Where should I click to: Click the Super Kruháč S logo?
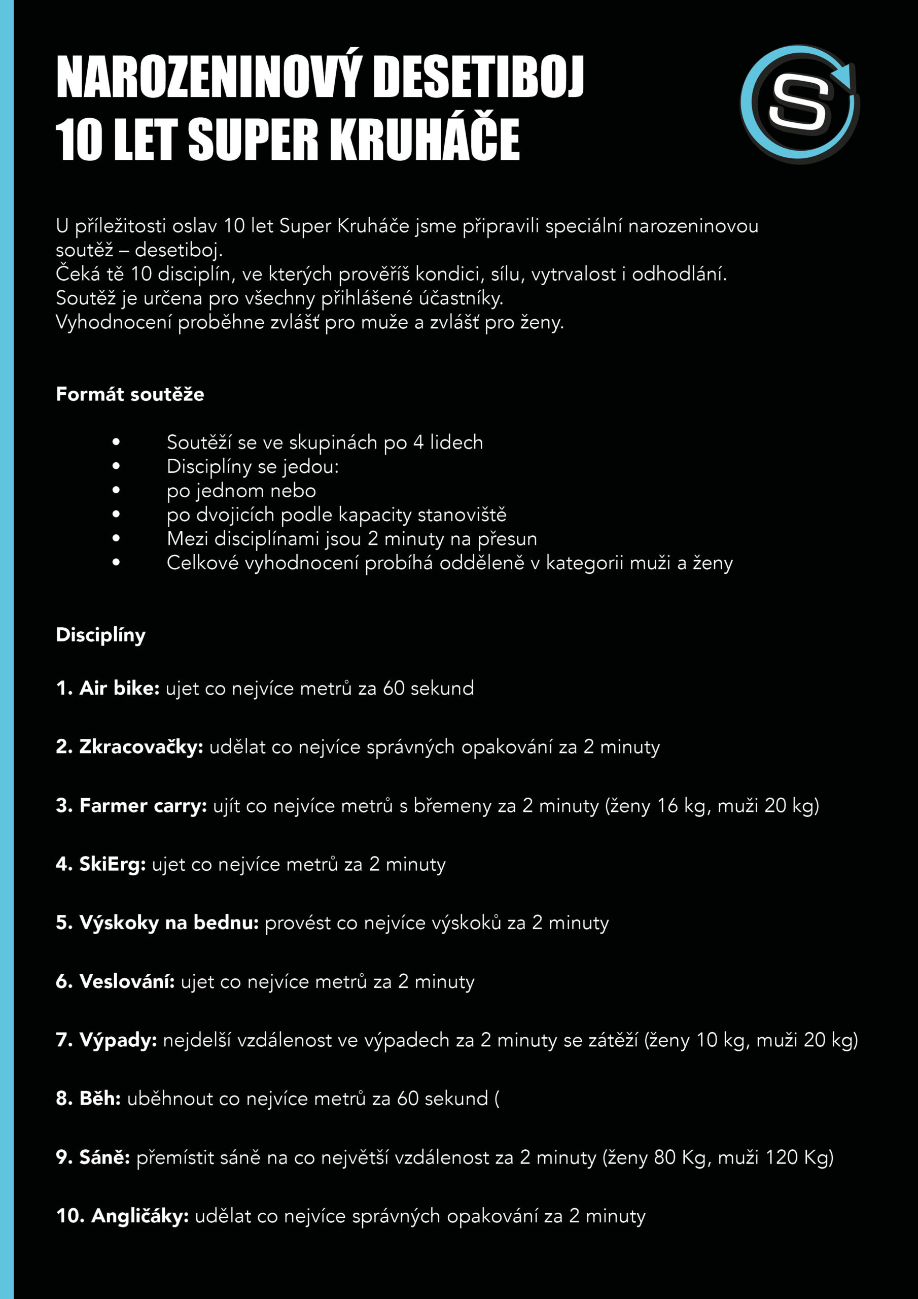coord(799,104)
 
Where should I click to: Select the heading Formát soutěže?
coord(130,394)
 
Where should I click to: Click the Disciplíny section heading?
coord(101,635)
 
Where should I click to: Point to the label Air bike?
coord(119,688)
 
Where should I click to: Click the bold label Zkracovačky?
coord(141,747)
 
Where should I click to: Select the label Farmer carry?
coord(143,806)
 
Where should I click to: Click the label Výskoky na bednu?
coord(169,923)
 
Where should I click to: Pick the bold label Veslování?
coord(127,981)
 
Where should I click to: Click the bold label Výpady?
coord(118,1040)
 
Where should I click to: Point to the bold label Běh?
coord(100,1098)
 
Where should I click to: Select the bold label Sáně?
coord(104,1157)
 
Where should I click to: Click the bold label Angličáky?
coord(139,1216)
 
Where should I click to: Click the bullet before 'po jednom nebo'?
coord(116,491)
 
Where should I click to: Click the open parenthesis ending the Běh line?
coord(497,1099)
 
